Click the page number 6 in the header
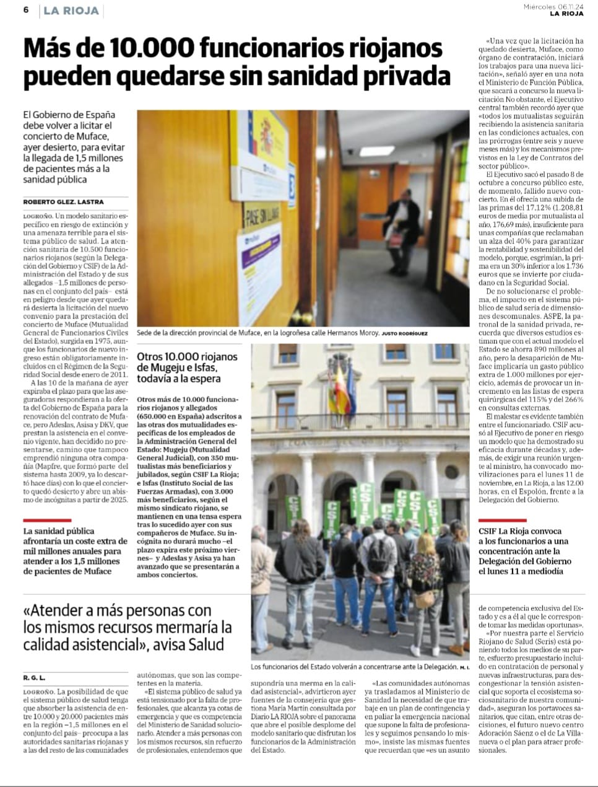pos(27,11)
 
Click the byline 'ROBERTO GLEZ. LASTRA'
pos(64,201)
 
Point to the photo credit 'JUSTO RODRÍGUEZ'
pos(405,333)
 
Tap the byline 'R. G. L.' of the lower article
pos(34,678)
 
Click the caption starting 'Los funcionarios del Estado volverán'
pos(354,667)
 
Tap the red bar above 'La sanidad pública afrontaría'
pos(46,521)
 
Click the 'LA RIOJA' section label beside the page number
pos(71,11)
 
